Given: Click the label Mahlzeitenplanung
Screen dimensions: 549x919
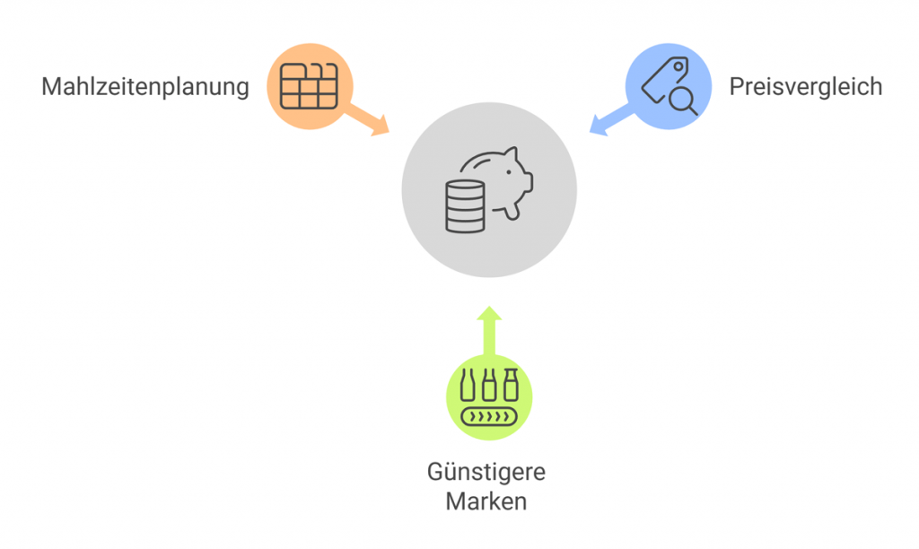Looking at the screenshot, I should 144,87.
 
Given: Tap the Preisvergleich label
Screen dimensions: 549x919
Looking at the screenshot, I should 805,87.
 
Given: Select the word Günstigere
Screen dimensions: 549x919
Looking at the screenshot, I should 486,472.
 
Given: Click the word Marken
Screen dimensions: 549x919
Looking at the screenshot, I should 486,501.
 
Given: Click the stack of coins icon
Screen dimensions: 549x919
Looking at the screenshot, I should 464,206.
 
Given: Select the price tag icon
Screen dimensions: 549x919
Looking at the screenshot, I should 662,79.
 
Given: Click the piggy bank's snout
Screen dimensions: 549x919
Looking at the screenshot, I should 528,182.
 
